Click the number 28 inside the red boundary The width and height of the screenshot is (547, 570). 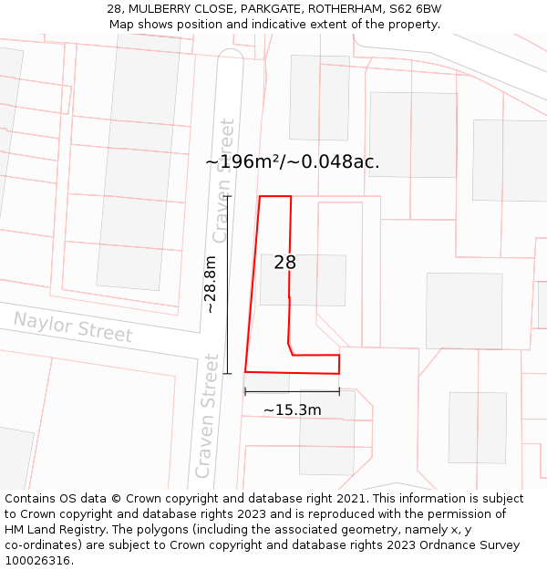click(285, 263)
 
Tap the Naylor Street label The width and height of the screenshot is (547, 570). click(73, 326)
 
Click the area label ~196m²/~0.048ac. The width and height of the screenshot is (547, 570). click(293, 162)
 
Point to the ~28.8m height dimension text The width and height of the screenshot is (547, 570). click(211, 284)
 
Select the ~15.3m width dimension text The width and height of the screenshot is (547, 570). click(293, 410)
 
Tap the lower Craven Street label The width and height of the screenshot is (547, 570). click(207, 416)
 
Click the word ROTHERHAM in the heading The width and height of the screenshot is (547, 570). click(342, 8)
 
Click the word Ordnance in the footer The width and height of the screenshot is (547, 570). click(440, 545)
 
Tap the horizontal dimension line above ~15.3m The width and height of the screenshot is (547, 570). click(292, 392)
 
